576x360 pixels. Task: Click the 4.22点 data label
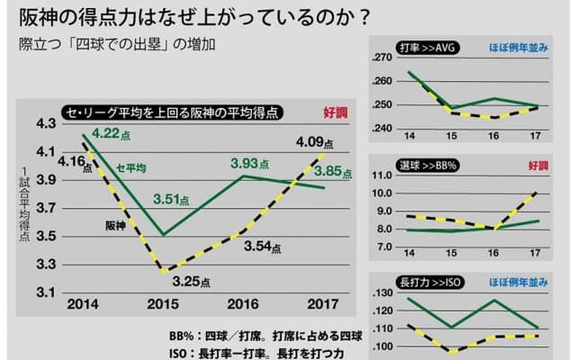pos(113,136)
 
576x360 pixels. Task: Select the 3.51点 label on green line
pos(176,200)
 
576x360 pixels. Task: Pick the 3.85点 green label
pos(339,171)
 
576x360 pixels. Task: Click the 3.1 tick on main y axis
pos(45,293)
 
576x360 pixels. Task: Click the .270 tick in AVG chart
pos(384,58)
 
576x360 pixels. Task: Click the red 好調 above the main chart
pos(335,112)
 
